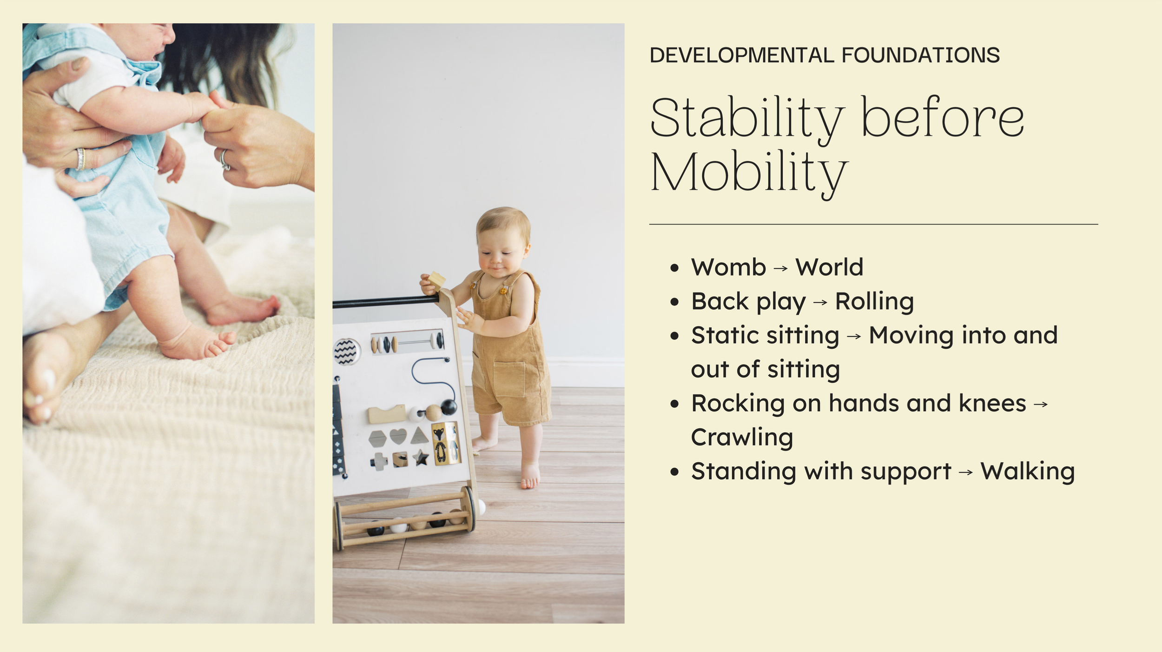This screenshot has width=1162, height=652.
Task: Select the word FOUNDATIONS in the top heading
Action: coord(920,55)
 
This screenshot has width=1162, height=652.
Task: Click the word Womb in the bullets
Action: coord(728,267)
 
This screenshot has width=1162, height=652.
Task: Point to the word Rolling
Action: coord(874,301)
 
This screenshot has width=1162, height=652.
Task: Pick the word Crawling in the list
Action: coord(742,438)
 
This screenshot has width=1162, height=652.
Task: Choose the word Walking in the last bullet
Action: coord(1028,472)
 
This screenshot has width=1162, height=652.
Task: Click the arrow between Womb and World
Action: coord(781,268)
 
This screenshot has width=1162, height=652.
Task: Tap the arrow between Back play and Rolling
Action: coord(820,302)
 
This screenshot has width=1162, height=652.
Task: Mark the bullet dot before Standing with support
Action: coord(675,472)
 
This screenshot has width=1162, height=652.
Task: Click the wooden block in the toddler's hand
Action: coord(436,280)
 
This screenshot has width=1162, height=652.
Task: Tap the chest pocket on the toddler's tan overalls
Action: coord(509,379)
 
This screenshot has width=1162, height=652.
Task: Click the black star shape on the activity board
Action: coord(422,458)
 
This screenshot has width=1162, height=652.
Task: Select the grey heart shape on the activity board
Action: coord(398,436)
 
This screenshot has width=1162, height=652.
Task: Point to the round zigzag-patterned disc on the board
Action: coord(347,352)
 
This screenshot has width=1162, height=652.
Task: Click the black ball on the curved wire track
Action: coord(449,407)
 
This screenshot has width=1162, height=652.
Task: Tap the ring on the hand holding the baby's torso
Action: coord(81,159)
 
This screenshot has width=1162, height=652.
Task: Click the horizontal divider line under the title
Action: coord(873,225)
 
